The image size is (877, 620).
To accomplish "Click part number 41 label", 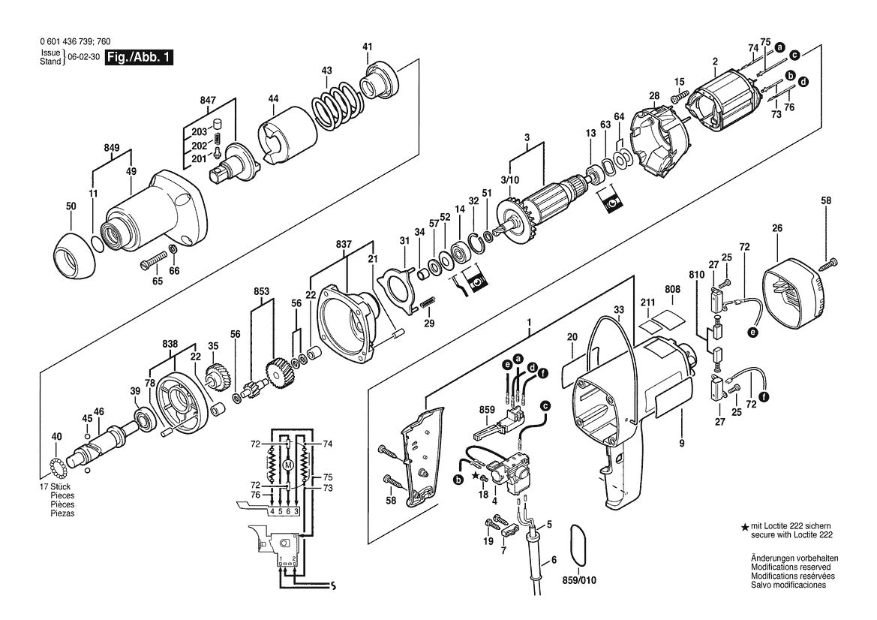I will pos(368,47).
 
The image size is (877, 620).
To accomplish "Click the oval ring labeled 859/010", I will pos(576,543).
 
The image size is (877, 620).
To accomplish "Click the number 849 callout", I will pos(112,148).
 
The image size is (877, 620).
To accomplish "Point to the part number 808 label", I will pos(671,289).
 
